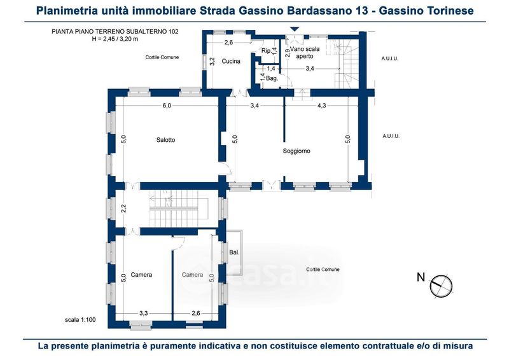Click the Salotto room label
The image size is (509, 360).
pos(165,140)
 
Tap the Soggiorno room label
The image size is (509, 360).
pos(296,151)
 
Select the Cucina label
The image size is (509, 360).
pos(231,61)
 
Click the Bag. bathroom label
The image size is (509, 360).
pos(272,78)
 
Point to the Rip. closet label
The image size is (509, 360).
pos(266,51)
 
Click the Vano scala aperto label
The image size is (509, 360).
pos(305,53)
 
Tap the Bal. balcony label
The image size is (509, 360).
pos(234,253)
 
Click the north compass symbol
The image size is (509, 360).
pos(441,286)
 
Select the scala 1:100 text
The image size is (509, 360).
pos(80,320)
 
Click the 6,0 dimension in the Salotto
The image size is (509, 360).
pos(167,106)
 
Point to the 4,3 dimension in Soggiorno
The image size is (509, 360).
pos(321,106)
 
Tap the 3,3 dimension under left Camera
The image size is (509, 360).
pos(144,314)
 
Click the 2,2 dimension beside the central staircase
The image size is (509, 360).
pos(123,208)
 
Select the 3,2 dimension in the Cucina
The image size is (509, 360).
pos(213,61)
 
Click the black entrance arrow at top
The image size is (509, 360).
pos(295,29)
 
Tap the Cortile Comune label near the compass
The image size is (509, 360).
pos(323,270)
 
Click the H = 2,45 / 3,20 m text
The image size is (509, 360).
pos(115,39)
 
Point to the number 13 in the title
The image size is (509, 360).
pos(361,10)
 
